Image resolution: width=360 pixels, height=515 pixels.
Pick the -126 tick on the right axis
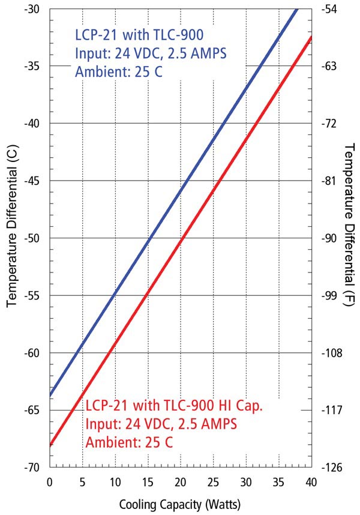coord(331,468)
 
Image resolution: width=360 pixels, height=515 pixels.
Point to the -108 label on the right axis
coord(331,353)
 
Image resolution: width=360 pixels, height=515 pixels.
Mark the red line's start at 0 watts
coord(50,445)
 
